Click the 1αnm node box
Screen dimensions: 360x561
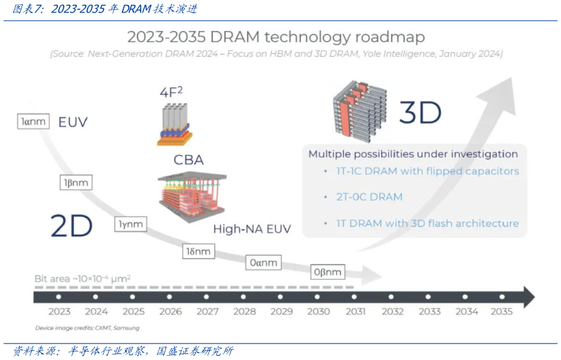[x=33, y=122]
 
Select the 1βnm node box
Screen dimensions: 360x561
[x=75, y=183]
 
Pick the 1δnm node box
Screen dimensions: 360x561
[x=197, y=251]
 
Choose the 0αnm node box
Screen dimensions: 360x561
[x=263, y=262]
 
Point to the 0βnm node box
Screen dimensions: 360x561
[x=328, y=272]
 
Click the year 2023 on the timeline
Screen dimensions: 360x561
[x=59, y=312]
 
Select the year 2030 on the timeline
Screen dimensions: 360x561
[x=318, y=312]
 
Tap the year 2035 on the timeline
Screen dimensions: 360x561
[x=502, y=312]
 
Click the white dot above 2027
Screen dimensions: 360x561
[x=208, y=297]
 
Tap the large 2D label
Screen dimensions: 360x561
[x=71, y=226]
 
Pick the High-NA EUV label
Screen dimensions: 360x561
[x=252, y=229]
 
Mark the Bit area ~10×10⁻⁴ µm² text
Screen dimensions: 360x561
[x=82, y=278]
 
